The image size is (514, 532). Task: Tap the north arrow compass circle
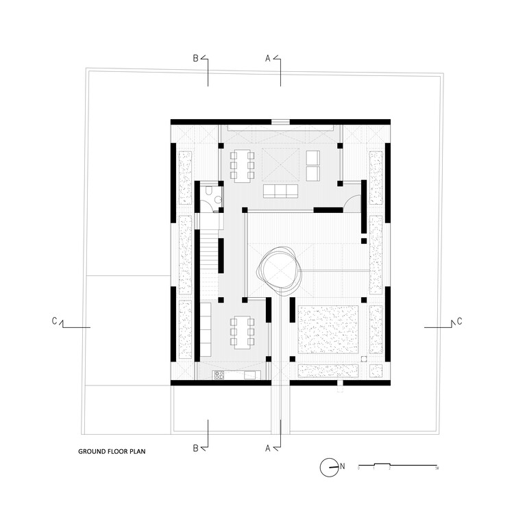pyautogui.click(x=328, y=467)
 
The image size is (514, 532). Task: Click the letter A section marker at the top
pyautogui.click(x=267, y=59)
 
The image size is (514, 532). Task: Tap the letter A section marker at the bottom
pyautogui.click(x=267, y=448)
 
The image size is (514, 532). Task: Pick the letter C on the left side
pyautogui.click(x=53, y=320)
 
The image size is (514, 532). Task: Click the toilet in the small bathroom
pyautogui.click(x=206, y=199)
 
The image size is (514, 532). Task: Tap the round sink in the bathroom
pyautogui.click(x=217, y=199)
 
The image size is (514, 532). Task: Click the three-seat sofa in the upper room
pyautogui.click(x=280, y=190)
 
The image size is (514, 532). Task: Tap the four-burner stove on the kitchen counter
pyautogui.click(x=221, y=375)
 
